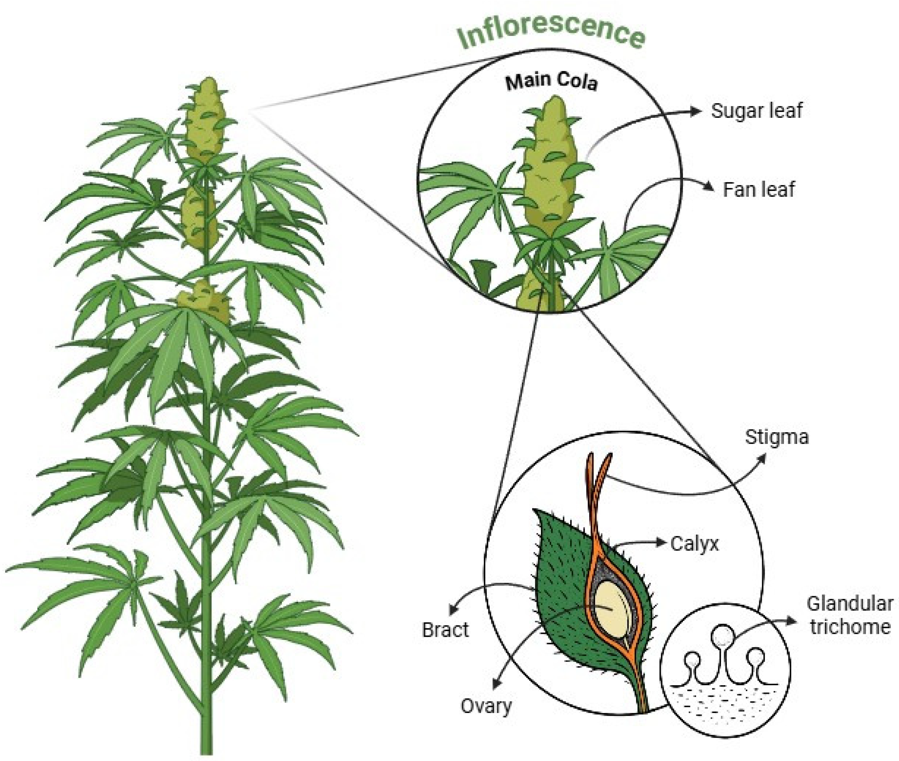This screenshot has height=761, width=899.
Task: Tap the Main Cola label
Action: pyautogui.click(x=551, y=82)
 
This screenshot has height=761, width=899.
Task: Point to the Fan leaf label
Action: pyautogui.click(x=758, y=190)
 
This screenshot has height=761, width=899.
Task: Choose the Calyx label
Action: pyautogui.click(x=694, y=544)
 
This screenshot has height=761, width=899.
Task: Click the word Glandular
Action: pyautogui.click(x=850, y=604)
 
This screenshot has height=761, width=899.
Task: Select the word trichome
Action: pyautogui.click(x=850, y=627)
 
